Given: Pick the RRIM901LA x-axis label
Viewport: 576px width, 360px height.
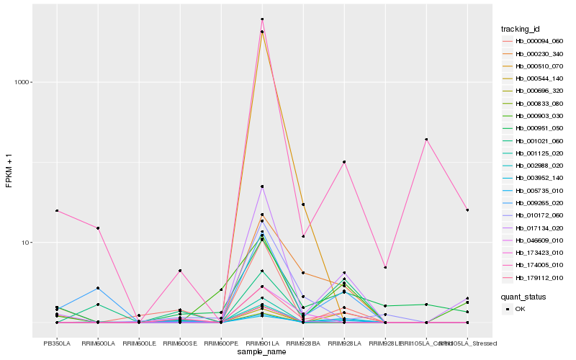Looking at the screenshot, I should tap(262, 343).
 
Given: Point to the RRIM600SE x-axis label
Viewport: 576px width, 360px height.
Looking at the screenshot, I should tap(180, 343).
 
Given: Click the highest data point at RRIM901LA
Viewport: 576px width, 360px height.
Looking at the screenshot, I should tap(262, 19).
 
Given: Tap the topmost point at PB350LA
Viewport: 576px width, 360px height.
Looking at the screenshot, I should tap(57, 211).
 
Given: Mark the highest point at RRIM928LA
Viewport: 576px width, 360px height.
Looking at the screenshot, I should tap(344, 162).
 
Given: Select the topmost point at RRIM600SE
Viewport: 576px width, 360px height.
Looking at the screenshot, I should tap(180, 271).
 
